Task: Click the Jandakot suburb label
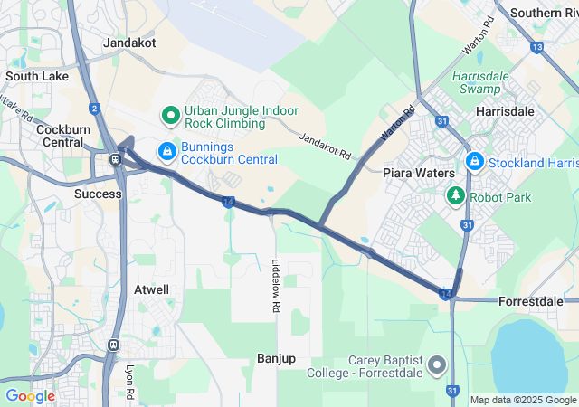click(130, 43)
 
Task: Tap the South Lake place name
click(36, 77)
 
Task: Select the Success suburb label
click(98, 194)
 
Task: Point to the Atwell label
click(151, 289)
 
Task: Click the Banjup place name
click(276, 358)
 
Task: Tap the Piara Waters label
click(417, 172)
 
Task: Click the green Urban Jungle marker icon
click(169, 115)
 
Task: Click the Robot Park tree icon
click(455, 194)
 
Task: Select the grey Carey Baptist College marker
click(437, 365)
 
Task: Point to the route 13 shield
click(537, 46)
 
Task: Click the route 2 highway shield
click(94, 109)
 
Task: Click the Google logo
click(30, 395)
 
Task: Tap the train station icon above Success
click(115, 159)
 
